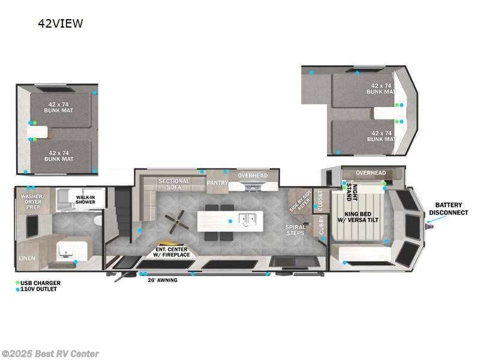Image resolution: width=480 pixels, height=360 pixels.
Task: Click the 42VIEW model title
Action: tap(61, 24)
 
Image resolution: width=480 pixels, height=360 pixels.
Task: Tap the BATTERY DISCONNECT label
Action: tap(452, 208)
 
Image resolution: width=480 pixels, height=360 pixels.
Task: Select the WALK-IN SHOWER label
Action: tap(85, 199)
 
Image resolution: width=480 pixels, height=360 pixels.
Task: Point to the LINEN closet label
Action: tap(28, 258)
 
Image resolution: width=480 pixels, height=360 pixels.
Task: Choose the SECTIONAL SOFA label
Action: tap(174, 184)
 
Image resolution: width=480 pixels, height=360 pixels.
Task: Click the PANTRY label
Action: tap(217, 182)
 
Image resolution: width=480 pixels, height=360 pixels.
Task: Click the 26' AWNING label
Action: tap(163, 280)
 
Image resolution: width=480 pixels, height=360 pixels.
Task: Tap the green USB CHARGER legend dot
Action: tap(18, 283)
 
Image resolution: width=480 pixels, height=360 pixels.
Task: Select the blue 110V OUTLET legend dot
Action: tap(18, 289)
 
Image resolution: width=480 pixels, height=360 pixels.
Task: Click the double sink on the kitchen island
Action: tap(248, 220)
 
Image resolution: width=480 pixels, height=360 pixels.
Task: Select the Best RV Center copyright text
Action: tap(50, 354)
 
